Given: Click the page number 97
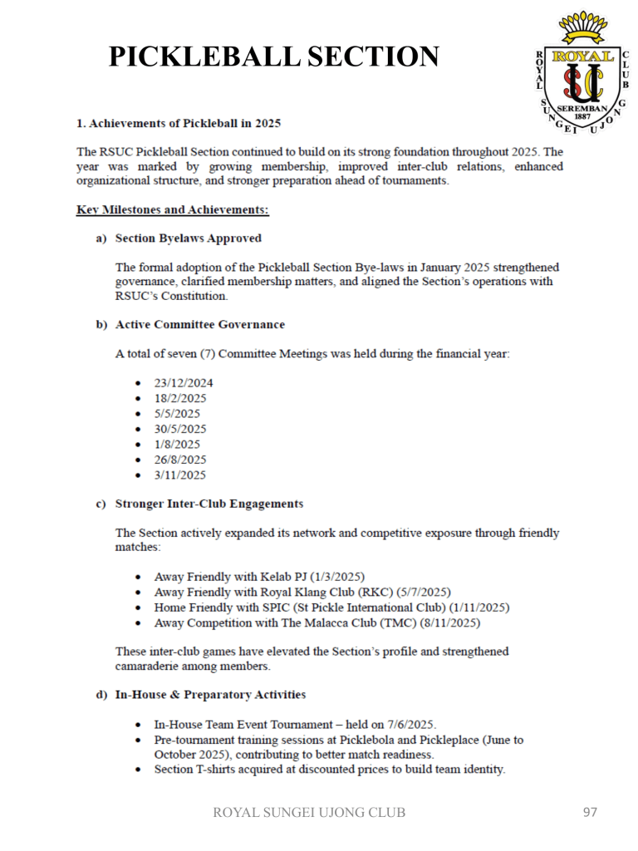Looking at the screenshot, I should [589, 812].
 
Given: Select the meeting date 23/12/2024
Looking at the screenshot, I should [183, 383].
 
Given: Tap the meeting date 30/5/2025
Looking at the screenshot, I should [179, 429].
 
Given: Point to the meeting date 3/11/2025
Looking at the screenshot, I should [179, 475].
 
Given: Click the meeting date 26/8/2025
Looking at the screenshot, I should [179, 460].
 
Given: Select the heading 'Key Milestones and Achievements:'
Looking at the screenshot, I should [172, 209].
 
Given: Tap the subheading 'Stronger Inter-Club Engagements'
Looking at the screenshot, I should [209, 504].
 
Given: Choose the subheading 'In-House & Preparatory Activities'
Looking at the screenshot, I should [210, 693].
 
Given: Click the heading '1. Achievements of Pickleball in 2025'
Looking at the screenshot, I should [178, 124].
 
